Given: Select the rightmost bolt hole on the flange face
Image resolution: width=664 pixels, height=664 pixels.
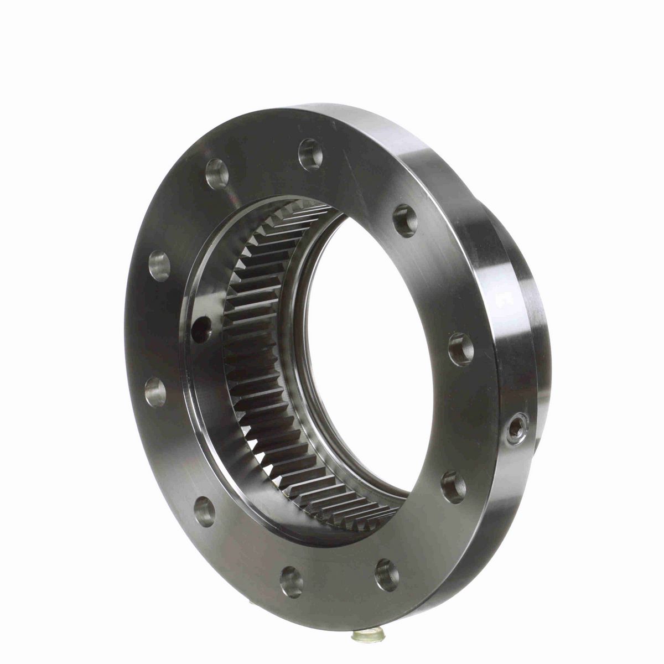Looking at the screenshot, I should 461,349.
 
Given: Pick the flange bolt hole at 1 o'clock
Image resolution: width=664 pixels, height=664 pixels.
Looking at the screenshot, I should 405,220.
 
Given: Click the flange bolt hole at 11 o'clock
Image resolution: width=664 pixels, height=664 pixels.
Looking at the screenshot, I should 216,174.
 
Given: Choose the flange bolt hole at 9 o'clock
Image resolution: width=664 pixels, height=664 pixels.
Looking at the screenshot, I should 155,391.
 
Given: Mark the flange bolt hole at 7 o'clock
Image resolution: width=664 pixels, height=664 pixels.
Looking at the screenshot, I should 205,510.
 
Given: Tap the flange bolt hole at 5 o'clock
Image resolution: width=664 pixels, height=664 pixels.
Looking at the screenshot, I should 386,574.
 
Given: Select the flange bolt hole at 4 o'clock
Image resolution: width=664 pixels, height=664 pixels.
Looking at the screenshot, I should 453,486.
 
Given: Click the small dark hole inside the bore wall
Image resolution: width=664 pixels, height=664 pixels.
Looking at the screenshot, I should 200,328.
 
